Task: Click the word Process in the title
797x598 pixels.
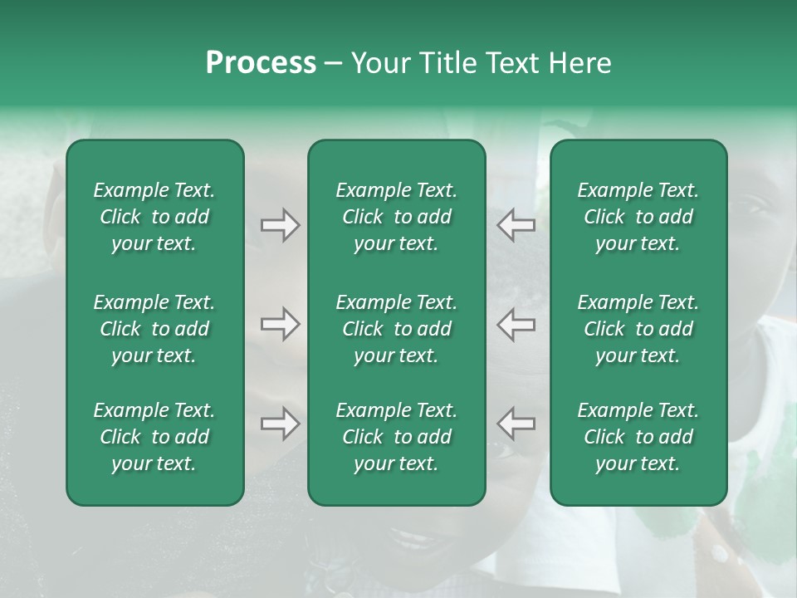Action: click(261, 63)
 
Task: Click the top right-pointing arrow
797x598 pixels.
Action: click(280, 225)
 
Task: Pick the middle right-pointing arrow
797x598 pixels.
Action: click(280, 324)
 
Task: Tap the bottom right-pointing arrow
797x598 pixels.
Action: click(280, 424)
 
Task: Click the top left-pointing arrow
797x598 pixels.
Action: click(516, 225)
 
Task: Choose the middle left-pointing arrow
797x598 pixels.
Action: click(516, 324)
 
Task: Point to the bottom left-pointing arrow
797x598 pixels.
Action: click(516, 424)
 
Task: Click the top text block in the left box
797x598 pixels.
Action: click(154, 217)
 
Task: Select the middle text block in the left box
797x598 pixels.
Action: click(154, 329)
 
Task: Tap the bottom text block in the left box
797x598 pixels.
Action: click(154, 437)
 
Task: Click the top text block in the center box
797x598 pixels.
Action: click(396, 217)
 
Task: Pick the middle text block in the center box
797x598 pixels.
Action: click(396, 329)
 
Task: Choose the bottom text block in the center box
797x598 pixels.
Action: click(396, 437)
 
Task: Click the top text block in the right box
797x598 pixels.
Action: click(638, 217)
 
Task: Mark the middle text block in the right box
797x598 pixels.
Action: click(638, 329)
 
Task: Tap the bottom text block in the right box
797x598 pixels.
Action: click(638, 437)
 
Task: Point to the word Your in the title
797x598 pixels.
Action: click(379, 63)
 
